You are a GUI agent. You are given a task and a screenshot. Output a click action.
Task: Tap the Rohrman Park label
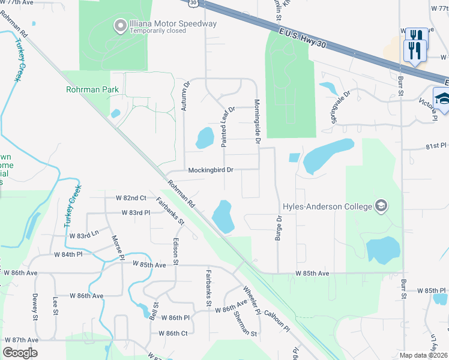click(92, 90)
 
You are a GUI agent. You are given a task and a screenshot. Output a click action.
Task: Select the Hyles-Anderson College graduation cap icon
click(380, 206)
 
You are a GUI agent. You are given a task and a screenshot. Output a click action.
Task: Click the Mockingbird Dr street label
click(210, 170)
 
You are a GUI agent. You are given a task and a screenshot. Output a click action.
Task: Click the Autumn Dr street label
click(185, 96)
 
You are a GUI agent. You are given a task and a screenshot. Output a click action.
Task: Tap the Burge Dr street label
click(279, 227)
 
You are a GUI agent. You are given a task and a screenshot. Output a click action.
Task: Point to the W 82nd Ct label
click(126, 197)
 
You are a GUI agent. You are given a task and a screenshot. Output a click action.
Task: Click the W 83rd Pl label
click(135, 212)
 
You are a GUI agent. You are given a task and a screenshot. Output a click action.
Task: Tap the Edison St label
click(176, 252)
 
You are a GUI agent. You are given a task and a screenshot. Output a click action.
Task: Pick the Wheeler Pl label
click(251, 300)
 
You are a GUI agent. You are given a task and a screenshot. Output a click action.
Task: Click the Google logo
click(20, 353)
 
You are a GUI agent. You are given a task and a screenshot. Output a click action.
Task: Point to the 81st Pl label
click(436, 146)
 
